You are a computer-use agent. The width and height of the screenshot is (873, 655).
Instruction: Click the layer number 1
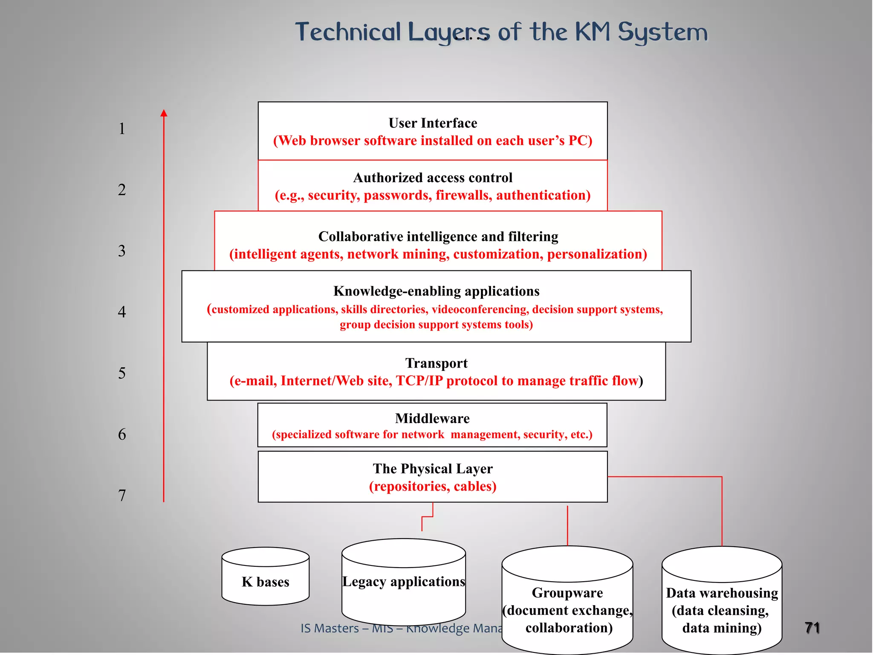[122, 128]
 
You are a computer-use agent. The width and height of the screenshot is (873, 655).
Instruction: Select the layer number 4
[122, 312]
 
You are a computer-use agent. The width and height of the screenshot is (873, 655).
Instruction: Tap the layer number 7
[122, 495]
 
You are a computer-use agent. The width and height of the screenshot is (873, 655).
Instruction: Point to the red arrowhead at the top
[164, 113]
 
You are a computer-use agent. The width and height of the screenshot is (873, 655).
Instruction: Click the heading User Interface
[433, 123]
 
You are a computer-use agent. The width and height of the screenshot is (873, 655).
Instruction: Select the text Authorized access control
[433, 177]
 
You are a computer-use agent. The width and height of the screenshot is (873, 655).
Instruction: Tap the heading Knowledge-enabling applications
[436, 291]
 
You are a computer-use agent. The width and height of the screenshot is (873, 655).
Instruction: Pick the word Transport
[436, 363]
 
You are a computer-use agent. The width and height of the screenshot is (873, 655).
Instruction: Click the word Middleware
[432, 418]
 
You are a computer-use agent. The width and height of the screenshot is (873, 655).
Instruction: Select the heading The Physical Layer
[433, 468]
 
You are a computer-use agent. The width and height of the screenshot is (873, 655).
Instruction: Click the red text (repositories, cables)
[433, 486]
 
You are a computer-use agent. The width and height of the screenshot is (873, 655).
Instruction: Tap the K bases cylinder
[265, 582]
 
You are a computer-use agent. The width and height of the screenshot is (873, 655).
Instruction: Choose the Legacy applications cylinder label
[403, 581]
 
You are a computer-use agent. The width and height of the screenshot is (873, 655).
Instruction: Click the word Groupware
[567, 592]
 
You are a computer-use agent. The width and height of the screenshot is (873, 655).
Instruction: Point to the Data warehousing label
[722, 593]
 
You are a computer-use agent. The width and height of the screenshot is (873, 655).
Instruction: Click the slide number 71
[812, 628]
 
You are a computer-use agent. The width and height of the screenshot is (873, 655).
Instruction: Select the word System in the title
[662, 32]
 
